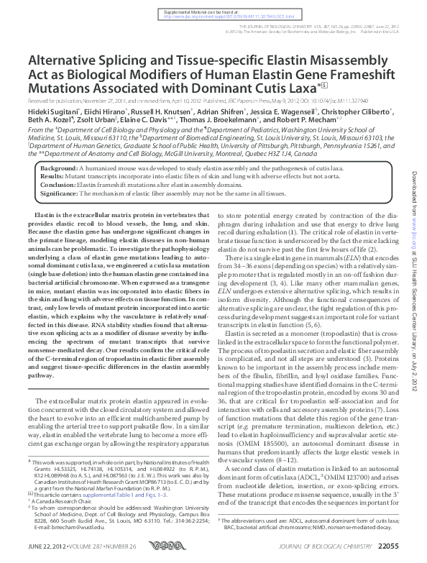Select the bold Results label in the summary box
pyautogui.click(x=55, y=175)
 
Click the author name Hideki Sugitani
pyautogui.click(x=51, y=112)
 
